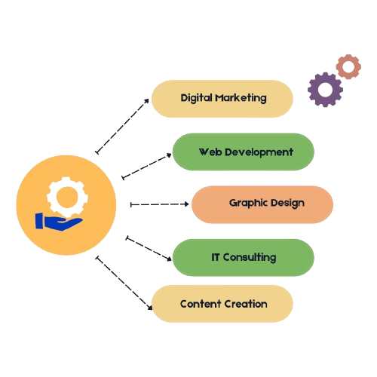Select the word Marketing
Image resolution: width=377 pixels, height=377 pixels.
[241, 98]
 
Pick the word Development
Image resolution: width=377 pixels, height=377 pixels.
[259, 152]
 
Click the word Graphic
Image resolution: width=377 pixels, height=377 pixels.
[248, 204]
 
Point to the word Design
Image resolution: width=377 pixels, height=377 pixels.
[287, 204]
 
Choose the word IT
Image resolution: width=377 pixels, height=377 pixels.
[216, 257]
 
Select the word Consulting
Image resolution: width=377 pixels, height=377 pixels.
[250, 258]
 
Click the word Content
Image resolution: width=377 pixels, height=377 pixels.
[201, 304]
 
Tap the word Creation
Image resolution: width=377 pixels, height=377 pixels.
[245, 304]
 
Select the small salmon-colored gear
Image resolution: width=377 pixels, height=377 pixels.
[348, 66]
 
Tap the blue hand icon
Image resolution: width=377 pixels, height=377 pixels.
[59, 222]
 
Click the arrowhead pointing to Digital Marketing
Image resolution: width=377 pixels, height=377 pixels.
[146, 101]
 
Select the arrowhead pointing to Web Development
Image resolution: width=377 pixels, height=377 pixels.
[169, 155]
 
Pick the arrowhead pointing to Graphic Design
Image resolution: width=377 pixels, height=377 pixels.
[186, 204]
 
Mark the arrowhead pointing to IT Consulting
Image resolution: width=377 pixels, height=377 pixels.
[169, 258]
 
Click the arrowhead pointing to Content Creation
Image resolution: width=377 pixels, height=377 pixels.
[150, 307]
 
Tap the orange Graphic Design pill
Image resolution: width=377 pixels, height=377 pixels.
[262, 204]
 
